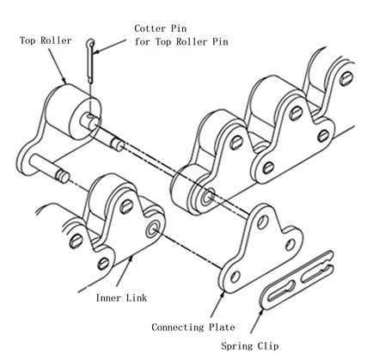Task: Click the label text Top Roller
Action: click(39, 40)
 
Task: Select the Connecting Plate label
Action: click(194, 327)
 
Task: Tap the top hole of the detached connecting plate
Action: click(260, 217)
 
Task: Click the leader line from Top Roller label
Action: click(58, 65)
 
